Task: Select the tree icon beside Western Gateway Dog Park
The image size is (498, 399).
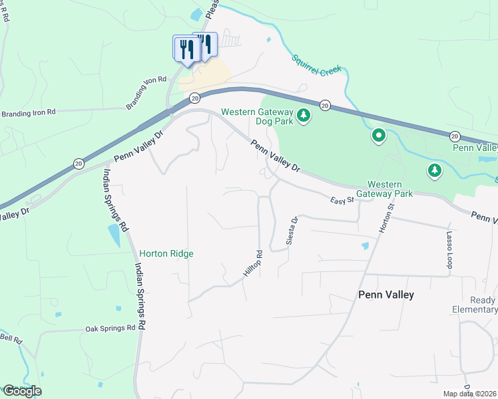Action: [x=304, y=116]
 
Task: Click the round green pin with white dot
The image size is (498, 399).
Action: [x=379, y=136]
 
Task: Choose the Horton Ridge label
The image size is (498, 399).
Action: [x=166, y=253]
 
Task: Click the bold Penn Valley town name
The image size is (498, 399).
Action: [x=386, y=295]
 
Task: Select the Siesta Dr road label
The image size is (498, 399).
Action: [x=291, y=230]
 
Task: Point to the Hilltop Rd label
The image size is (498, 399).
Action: [x=250, y=264]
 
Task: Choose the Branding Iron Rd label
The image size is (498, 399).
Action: [x=28, y=113]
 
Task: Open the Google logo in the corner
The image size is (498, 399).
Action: [x=21, y=390]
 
